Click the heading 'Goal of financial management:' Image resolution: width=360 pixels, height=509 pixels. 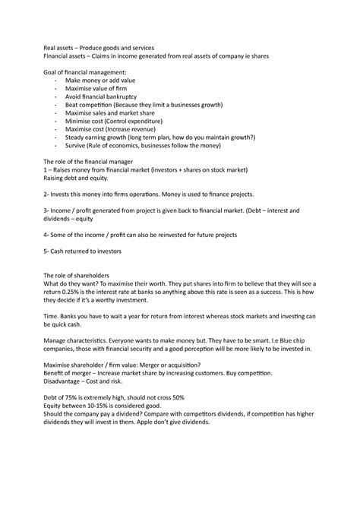tap(82, 71)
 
